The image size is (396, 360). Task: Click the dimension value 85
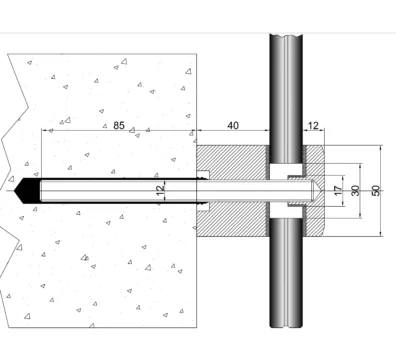click(119, 125)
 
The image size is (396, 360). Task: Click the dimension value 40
click(233, 125)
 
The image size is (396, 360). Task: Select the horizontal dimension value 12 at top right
click(313, 126)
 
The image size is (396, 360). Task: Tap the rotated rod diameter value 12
click(161, 190)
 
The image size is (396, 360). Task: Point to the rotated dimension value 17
click(338, 191)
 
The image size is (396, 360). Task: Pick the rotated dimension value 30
click(356, 191)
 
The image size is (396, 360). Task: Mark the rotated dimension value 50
click(375, 191)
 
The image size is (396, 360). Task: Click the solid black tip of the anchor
click(27, 191)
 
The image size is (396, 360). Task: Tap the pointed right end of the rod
click(320, 191)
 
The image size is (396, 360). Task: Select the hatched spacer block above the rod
click(233, 161)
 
